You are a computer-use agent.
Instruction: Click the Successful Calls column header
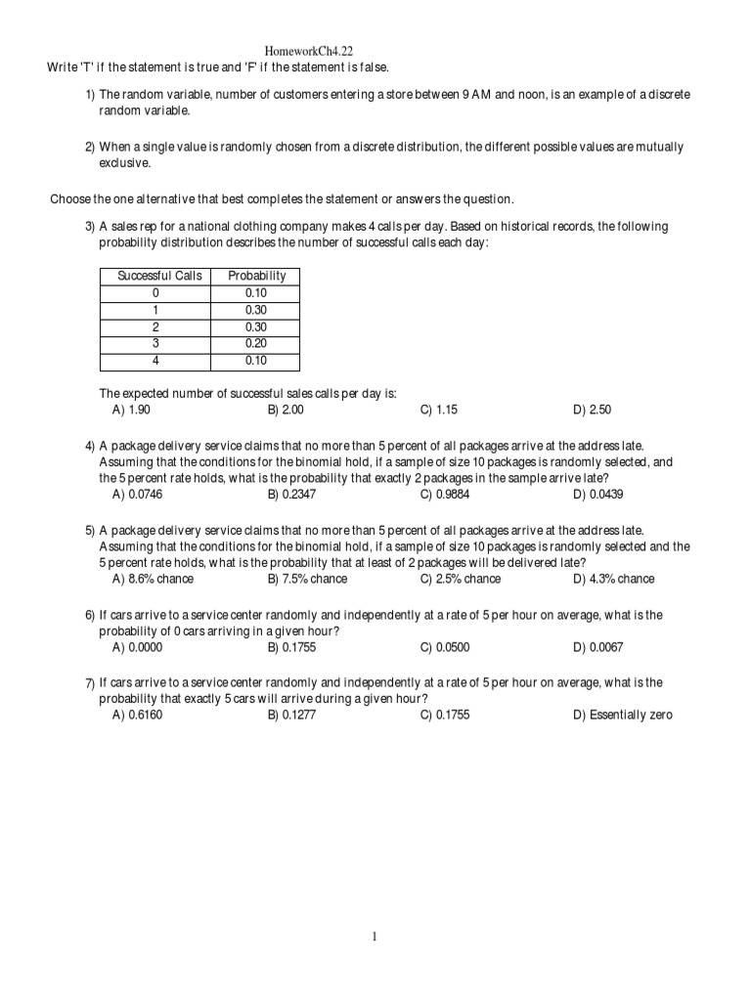[x=159, y=276]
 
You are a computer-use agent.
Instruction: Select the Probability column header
[x=257, y=276]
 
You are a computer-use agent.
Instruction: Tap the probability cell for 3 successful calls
[x=257, y=343]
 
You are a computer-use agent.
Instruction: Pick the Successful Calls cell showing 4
[x=155, y=360]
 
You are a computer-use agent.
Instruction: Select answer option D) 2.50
[x=593, y=410]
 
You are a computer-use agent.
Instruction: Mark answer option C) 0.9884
[x=445, y=495]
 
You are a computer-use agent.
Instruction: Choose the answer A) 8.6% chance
[x=154, y=579]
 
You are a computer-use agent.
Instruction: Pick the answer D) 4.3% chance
[x=614, y=579]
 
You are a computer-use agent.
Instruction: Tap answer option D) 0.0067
[x=598, y=647]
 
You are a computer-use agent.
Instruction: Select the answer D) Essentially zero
[x=623, y=715]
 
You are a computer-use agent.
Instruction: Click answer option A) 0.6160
[x=138, y=715]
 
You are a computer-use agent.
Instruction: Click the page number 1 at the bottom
[x=375, y=936]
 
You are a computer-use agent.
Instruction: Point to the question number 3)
[x=90, y=227]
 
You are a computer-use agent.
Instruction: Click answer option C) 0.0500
[x=445, y=647]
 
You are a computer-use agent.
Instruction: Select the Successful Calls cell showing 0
[x=155, y=292]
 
